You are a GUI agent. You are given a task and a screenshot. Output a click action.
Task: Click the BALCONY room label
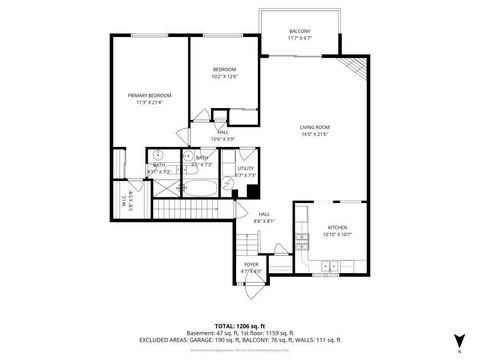[x=299, y=32]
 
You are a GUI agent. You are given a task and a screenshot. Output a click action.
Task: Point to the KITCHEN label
[x=336, y=227]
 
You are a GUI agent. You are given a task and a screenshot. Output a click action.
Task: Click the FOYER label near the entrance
[x=250, y=264]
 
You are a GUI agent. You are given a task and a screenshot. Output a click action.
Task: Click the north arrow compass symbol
[x=458, y=341]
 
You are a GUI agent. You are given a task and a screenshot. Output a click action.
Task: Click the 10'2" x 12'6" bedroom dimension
[x=224, y=76]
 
